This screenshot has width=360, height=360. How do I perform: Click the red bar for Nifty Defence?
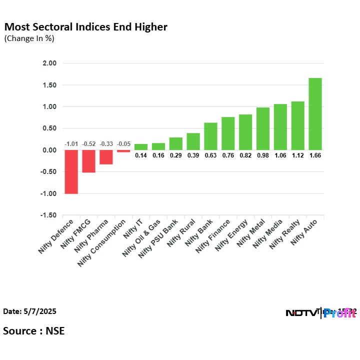[x=71, y=171]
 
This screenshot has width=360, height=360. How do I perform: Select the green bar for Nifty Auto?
[x=315, y=114]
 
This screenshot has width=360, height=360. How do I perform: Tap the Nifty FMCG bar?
[x=88, y=161]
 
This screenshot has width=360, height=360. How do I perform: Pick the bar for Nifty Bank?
[x=210, y=136]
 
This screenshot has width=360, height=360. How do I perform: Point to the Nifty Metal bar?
[x=262, y=128]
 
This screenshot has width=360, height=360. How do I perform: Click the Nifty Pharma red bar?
[x=106, y=157]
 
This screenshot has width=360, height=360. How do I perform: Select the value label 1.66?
[x=315, y=155]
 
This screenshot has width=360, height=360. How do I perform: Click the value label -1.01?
[x=71, y=144]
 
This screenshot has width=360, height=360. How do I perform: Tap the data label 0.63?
[x=210, y=155]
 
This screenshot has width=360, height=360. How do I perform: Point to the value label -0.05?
[x=123, y=144]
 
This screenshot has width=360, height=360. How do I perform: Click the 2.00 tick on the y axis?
[x=50, y=63]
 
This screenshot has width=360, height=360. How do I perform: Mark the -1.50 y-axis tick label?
[x=49, y=215]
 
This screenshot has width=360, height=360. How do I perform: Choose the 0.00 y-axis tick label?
[x=50, y=150]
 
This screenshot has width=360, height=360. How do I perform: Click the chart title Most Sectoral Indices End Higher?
[x=85, y=27]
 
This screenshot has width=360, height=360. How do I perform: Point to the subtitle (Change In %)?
[x=29, y=38]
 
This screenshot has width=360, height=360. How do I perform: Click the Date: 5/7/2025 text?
[x=30, y=311]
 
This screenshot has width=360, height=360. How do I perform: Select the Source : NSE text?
[x=34, y=330]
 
